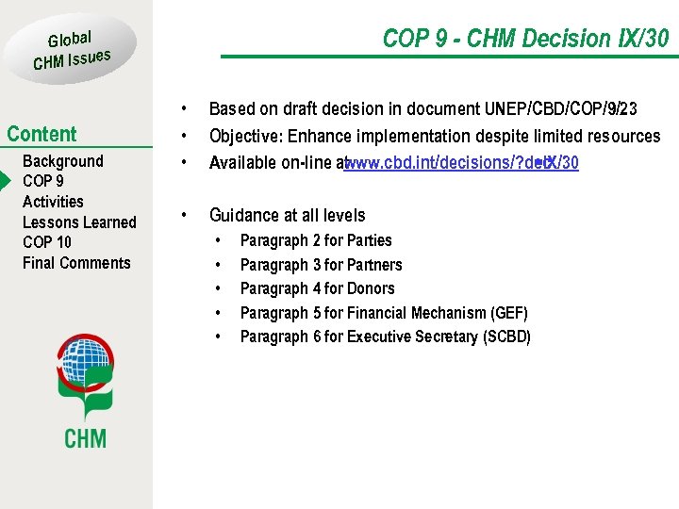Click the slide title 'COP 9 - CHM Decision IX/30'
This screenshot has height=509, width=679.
(x=525, y=39)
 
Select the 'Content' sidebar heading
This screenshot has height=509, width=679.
(x=41, y=134)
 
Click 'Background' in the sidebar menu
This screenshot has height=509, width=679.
(x=62, y=161)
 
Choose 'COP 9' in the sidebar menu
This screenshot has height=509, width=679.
(x=43, y=181)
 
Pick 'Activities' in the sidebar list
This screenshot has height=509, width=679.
(x=53, y=202)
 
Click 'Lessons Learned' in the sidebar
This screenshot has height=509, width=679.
(x=79, y=222)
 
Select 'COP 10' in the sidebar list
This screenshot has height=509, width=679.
(x=47, y=242)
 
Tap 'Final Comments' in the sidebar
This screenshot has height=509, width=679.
(x=76, y=263)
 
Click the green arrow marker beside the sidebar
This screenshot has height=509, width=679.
(x=5, y=181)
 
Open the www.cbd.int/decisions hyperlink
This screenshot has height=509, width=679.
(x=462, y=163)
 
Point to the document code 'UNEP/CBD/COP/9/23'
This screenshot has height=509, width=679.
(x=560, y=109)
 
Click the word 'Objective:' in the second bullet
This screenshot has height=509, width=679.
(x=247, y=137)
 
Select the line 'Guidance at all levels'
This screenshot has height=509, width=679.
(x=287, y=216)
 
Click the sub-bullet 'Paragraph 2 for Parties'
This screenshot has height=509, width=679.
(x=316, y=241)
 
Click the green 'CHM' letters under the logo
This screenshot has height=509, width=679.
(x=85, y=437)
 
